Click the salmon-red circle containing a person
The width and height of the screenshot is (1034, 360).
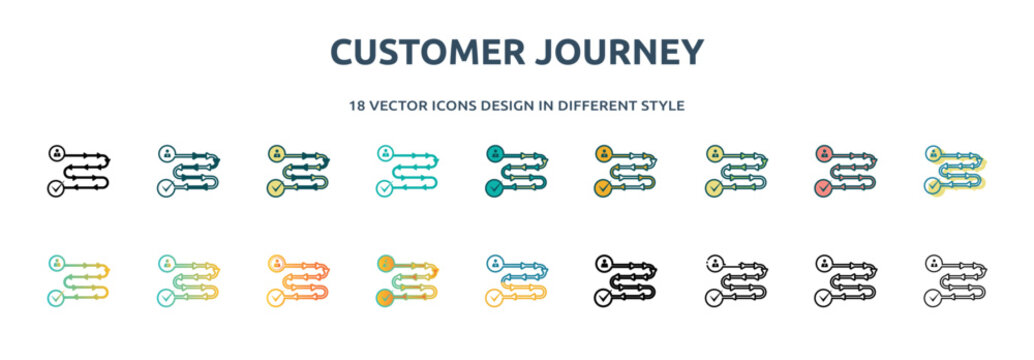click(823, 154)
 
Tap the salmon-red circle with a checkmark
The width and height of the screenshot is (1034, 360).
click(823, 187)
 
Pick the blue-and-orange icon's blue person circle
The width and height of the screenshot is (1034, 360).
click(495, 264)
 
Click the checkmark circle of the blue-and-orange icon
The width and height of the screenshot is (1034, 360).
click(495, 297)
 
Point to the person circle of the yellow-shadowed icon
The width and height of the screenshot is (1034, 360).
click(933, 154)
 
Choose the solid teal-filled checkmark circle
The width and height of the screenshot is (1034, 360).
click(494, 187)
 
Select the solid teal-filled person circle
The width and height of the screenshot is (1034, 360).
click(494, 154)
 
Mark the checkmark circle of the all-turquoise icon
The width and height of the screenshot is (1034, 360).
click(384, 187)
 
